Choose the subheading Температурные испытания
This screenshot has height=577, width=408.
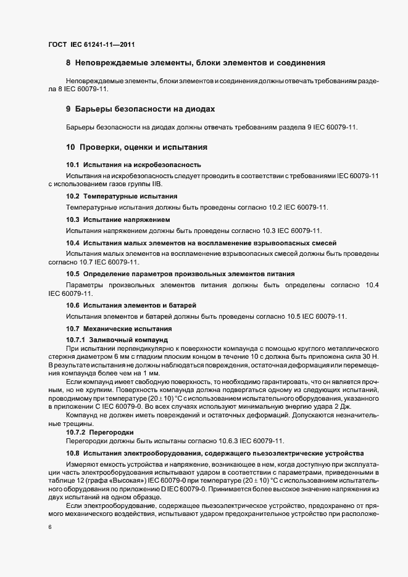click(122, 196)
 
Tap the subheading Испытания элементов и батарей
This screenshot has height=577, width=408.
click(131, 306)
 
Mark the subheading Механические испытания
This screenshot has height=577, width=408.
click(114, 329)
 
